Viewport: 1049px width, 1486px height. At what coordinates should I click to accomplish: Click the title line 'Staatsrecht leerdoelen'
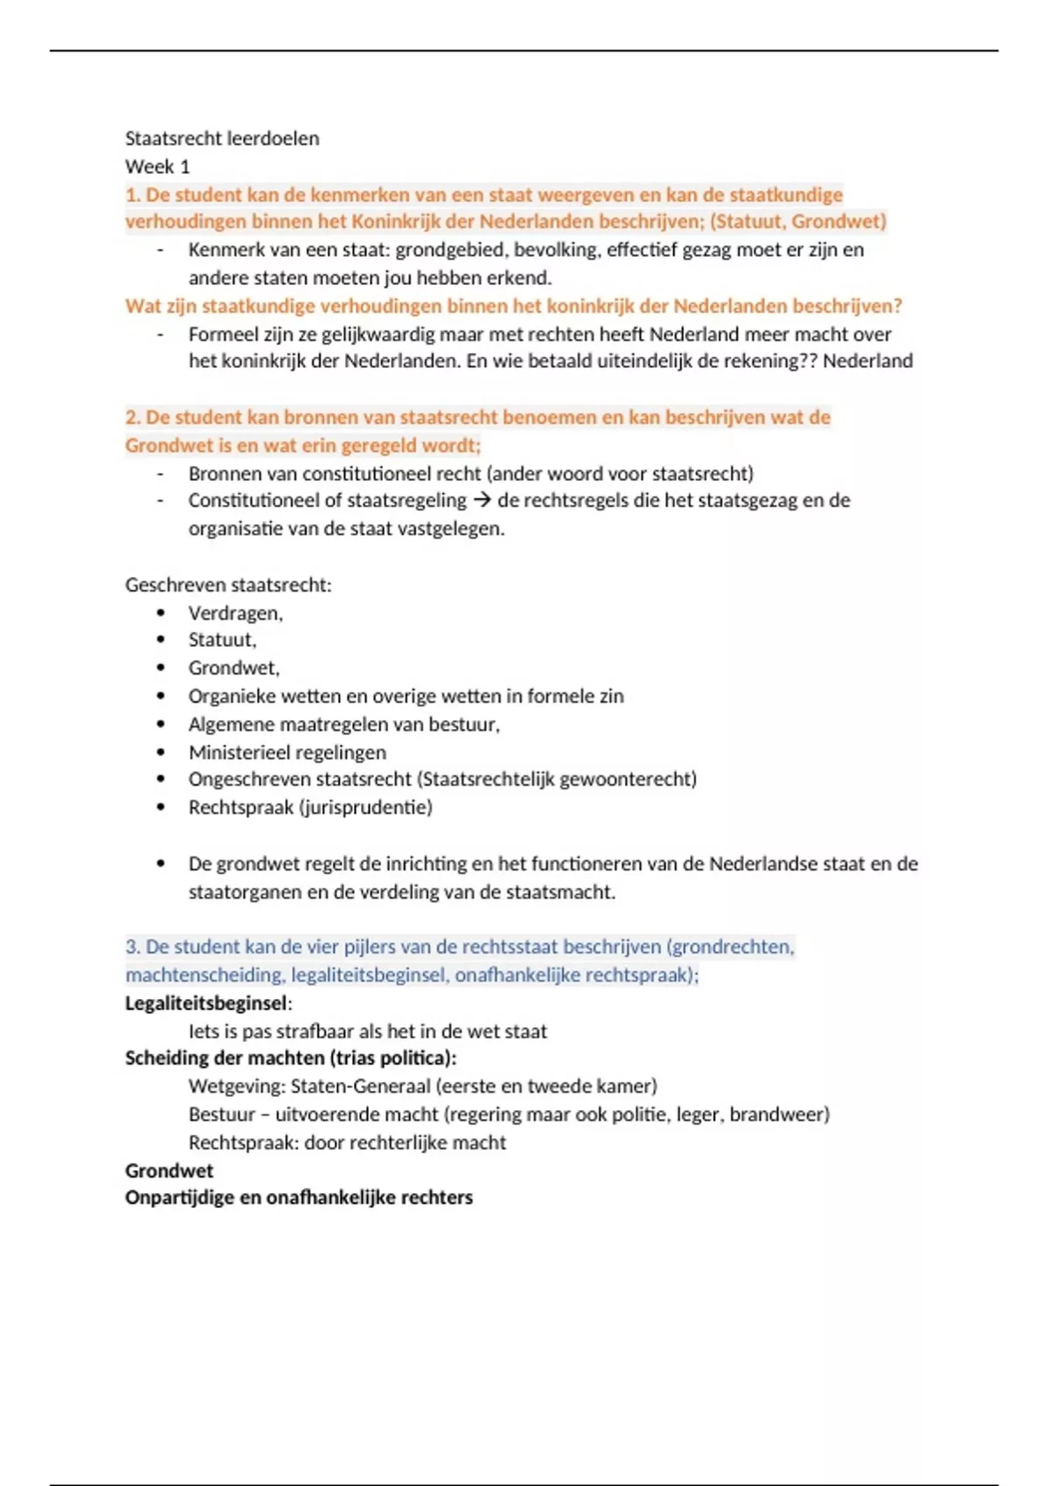[x=222, y=138]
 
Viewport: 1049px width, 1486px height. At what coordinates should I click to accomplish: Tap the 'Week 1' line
[x=157, y=166]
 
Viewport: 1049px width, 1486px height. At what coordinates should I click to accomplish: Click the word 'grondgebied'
[x=450, y=250]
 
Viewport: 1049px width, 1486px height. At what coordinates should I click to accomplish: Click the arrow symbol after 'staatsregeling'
[x=482, y=500]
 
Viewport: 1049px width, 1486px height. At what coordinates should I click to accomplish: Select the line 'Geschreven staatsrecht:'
[x=228, y=585]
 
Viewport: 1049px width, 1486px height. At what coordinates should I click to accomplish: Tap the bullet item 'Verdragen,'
[x=235, y=613]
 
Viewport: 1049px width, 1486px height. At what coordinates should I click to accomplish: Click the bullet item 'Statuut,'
[x=222, y=640]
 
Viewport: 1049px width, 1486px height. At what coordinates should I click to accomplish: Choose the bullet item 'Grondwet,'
[x=233, y=668]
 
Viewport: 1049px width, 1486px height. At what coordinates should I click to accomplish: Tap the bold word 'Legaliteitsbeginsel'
[x=205, y=1003]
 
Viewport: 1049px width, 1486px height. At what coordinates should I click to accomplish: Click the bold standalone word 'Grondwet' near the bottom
[x=169, y=1170]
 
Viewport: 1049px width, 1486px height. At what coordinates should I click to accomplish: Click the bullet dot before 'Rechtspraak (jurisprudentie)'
[x=161, y=807]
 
